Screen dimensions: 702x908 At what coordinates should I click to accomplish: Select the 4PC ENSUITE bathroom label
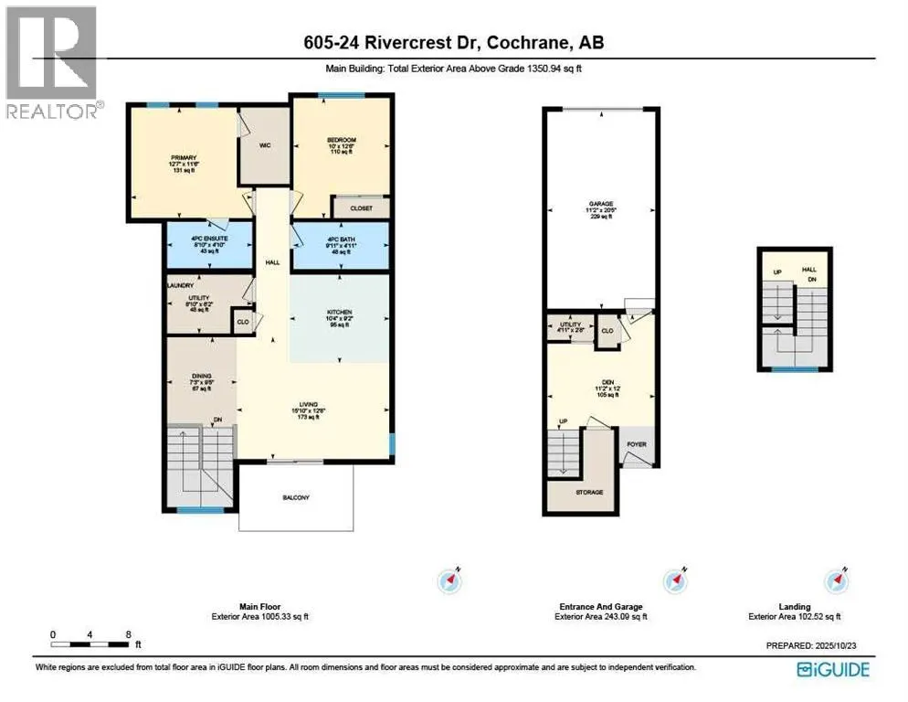click(x=209, y=239)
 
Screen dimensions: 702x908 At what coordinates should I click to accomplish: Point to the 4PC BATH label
click(x=339, y=240)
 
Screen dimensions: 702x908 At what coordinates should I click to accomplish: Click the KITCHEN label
click(x=339, y=313)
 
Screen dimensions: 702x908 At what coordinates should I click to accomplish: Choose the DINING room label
click(x=202, y=376)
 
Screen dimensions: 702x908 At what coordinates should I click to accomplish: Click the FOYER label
click(x=637, y=445)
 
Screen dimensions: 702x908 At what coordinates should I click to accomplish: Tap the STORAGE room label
click(x=589, y=493)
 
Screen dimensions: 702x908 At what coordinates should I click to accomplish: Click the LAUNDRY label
click(x=176, y=285)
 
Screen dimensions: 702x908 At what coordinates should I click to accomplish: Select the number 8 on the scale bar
click(x=129, y=634)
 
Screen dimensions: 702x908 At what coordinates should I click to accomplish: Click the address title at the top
click(x=453, y=42)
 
